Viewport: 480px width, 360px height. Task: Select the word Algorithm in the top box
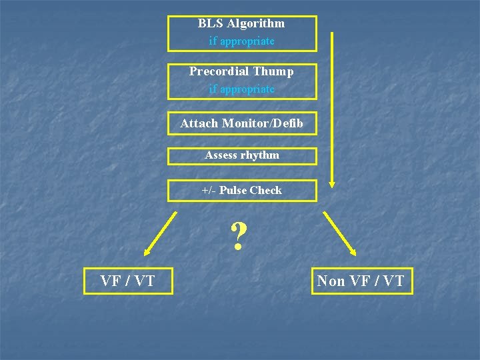255,23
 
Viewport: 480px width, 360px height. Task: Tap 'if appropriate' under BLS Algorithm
241,41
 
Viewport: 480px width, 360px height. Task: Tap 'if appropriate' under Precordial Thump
241,89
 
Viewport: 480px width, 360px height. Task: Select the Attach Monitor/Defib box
241,123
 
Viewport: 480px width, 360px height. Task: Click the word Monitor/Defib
263,123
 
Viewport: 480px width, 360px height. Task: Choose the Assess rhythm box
241,155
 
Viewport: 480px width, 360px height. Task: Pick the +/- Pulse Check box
241,191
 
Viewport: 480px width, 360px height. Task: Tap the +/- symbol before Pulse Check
208,191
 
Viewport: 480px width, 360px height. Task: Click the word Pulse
233,191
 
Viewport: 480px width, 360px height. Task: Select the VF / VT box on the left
127,281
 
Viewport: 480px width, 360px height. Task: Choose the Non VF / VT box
361,281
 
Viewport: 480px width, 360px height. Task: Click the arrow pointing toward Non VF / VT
339,234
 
